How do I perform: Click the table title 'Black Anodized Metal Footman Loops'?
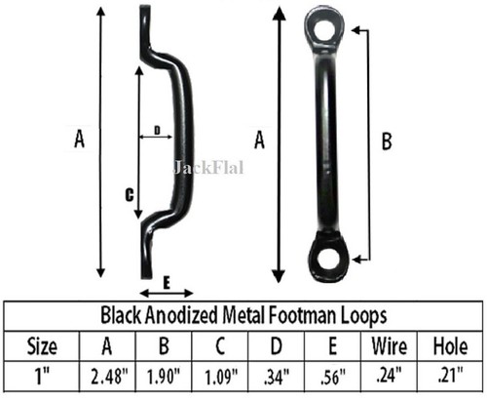[243, 317]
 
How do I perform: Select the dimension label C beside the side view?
[129, 195]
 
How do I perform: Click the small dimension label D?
[156, 130]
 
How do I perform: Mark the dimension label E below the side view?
[167, 283]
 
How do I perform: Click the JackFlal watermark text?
[207, 167]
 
